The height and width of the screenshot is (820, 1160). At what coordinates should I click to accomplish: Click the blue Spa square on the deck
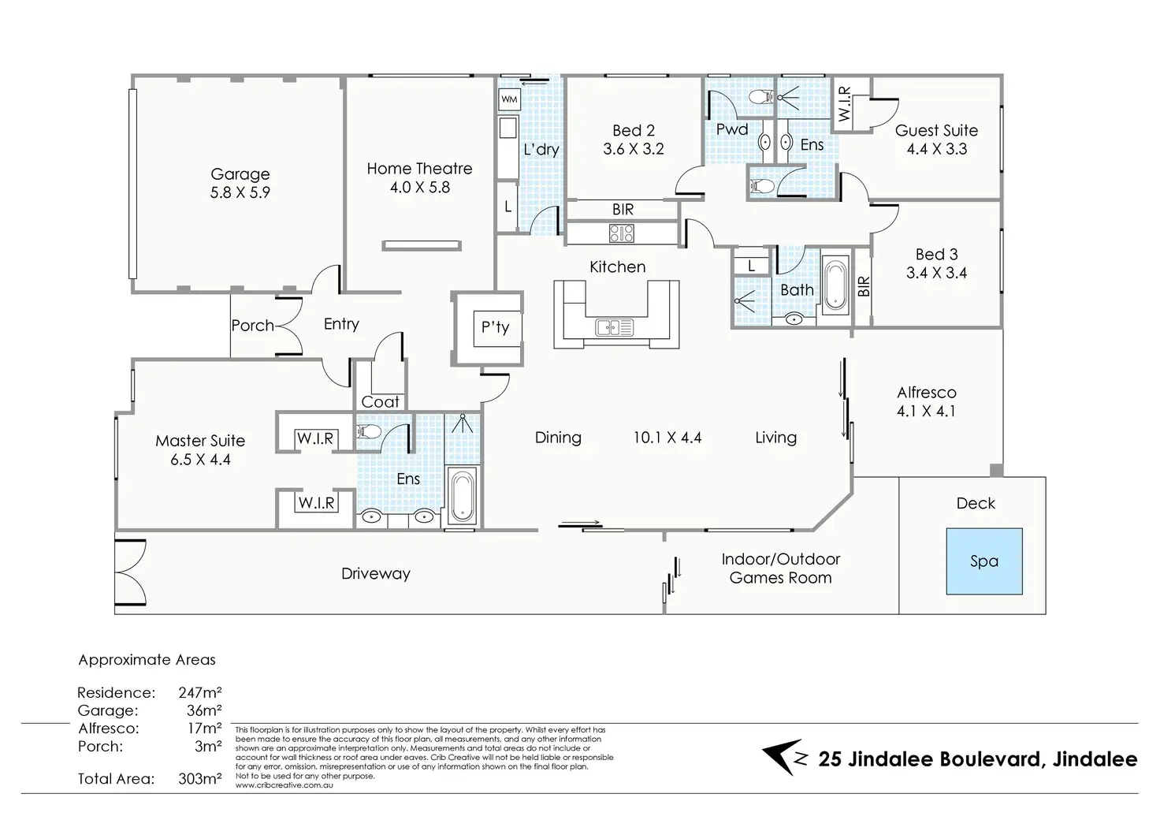tap(984, 561)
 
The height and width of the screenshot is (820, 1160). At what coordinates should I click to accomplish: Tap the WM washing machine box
tap(509, 99)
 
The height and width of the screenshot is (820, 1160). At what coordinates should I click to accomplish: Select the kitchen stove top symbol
tap(622, 233)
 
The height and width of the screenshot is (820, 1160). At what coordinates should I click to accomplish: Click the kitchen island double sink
tap(614, 327)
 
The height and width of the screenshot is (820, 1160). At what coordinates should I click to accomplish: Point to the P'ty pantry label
tap(495, 327)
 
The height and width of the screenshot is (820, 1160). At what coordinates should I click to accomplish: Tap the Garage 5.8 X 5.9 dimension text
tap(240, 192)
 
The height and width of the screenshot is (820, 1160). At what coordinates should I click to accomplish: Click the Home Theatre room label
tap(419, 169)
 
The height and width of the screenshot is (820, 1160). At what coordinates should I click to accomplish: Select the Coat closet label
tap(380, 401)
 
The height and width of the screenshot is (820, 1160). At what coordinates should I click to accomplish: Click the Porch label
tap(252, 326)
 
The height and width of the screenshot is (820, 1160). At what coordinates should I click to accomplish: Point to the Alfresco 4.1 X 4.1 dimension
tap(926, 412)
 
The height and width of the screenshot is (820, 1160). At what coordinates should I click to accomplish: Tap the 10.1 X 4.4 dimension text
tap(667, 438)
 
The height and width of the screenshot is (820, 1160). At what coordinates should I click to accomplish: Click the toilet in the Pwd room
tap(761, 96)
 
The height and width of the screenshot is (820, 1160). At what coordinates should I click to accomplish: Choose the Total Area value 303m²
tap(200, 779)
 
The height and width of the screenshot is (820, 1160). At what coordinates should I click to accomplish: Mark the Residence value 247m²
tap(200, 692)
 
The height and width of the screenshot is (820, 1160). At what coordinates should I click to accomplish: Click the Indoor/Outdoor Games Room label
tap(780, 568)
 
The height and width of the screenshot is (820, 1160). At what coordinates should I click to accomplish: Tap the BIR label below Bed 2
tap(623, 209)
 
